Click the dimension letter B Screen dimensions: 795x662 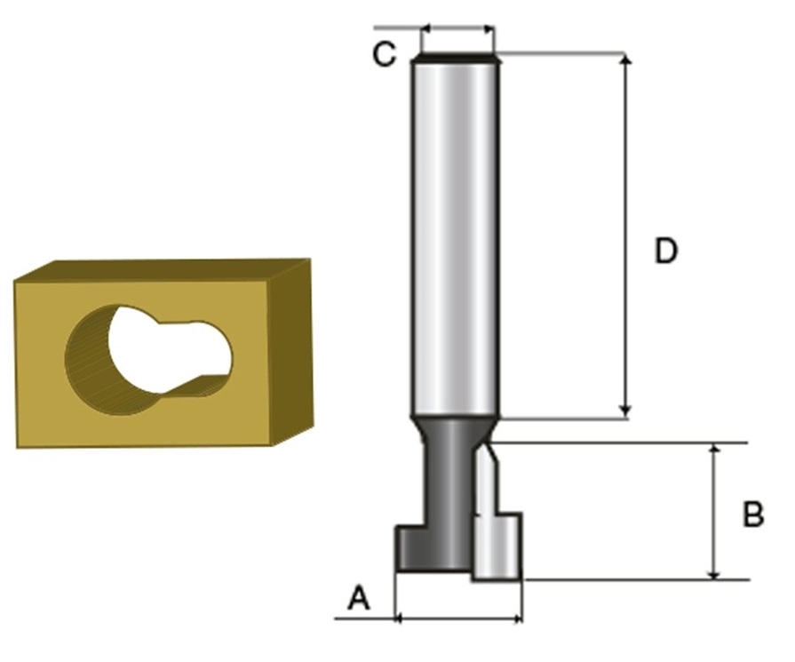[x=753, y=514]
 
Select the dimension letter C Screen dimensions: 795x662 [x=384, y=54]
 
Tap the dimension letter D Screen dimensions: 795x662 [x=665, y=251]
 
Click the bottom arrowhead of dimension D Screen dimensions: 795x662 [x=626, y=411]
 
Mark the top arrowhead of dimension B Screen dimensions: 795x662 [x=714, y=450]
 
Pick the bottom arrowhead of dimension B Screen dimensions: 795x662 [x=714, y=573]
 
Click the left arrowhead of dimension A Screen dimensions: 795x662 [x=399, y=618]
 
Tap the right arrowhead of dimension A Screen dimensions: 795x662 [x=517, y=618]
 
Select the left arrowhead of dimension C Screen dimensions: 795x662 [x=425, y=28]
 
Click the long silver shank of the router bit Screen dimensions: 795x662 [x=456, y=239]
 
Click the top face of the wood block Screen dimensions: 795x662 [x=163, y=270]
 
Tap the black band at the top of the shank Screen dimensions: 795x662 [x=456, y=59]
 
